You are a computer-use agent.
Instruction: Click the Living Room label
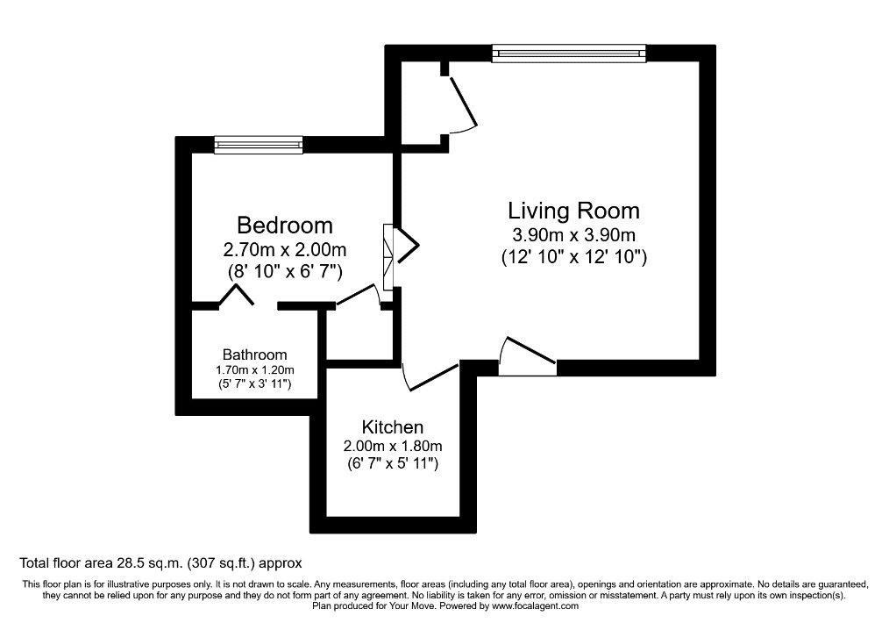(573, 211)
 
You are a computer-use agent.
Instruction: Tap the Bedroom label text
(285, 226)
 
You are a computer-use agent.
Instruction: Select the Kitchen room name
(393, 426)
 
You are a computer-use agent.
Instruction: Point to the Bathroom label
(254, 354)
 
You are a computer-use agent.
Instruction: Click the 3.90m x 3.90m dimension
(573, 234)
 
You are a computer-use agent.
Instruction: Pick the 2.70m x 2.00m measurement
(285, 249)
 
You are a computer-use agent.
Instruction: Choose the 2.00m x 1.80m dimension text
(393, 446)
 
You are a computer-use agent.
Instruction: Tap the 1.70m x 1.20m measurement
(254, 370)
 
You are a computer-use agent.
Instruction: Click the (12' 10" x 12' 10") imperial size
(573, 257)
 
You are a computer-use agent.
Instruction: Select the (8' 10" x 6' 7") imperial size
(285, 272)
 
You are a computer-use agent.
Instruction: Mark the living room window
(569, 54)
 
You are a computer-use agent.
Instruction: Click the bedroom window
(259, 146)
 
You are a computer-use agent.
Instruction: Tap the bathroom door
(236, 295)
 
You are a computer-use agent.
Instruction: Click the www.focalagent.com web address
(535, 606)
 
